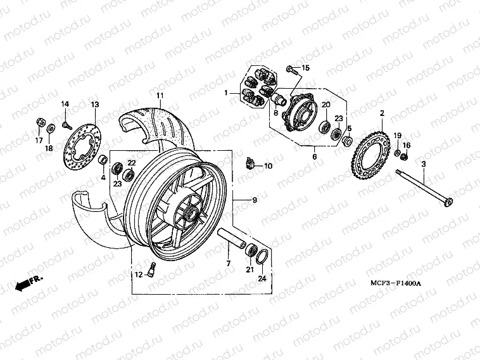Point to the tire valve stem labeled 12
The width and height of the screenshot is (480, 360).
click(x=151, y=269)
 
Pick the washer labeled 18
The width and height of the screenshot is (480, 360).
click(x=51, y=129)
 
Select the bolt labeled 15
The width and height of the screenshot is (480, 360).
click(x=292, y=71)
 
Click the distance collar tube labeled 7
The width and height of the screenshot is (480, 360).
click(x=231, y=238)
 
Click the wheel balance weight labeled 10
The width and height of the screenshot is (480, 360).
click(x=250, y=164)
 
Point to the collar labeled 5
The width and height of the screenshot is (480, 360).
click(x=346, y=141)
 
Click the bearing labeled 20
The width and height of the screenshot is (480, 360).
click(x=324, y=127)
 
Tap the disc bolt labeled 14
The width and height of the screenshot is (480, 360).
click(x=66, y=125)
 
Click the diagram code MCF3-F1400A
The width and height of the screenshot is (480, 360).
click(x=396, y=283)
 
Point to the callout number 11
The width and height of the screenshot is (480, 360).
click(x=160, y=96)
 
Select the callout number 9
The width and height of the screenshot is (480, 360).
click(x=255, y=200)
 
